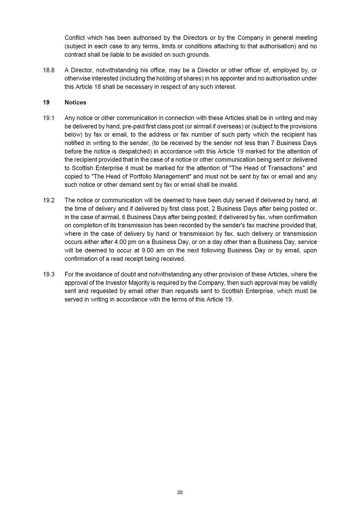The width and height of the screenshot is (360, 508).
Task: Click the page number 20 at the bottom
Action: click(x=180, y=492)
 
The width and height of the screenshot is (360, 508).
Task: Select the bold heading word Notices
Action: click(x=75, y=102)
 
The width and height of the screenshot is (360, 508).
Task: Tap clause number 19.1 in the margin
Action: click(x=48, y=118)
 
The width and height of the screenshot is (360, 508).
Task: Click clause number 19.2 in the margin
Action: click(x=48, y=200)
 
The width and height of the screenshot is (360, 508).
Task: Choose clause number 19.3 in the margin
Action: click(x=48, y=274)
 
